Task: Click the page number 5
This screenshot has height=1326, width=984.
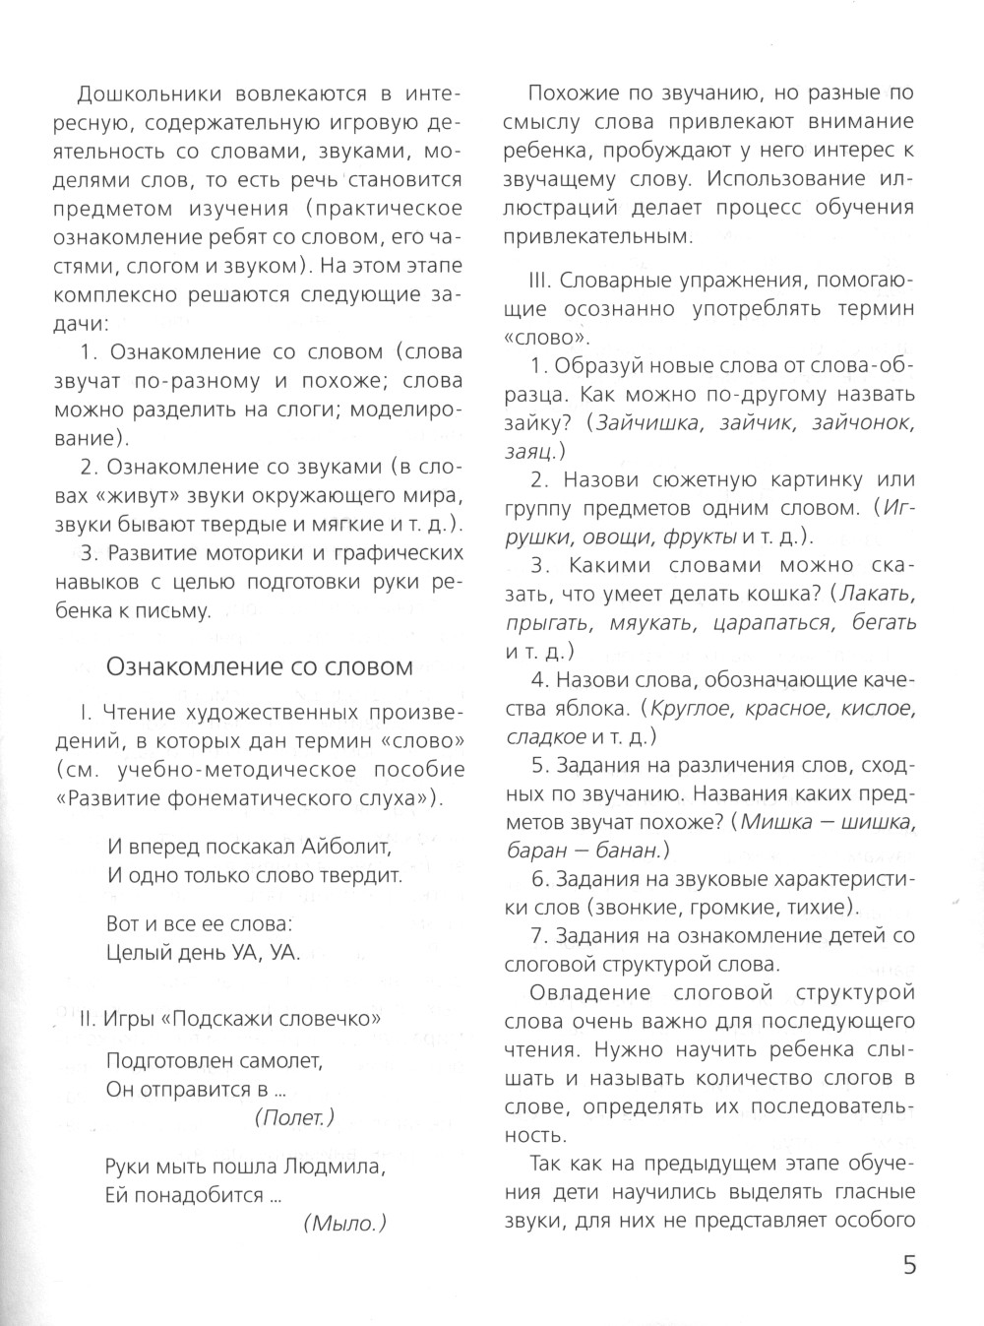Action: click(x=909, y=1265)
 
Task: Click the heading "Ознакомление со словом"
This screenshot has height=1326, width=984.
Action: click(x=259, y=666)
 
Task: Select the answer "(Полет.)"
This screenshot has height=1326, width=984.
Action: click(x=293, y=1116)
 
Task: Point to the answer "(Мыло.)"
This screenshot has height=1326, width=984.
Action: click(x=344, y=1223)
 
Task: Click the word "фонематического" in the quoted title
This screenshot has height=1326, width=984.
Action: click(x=246, y=797)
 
